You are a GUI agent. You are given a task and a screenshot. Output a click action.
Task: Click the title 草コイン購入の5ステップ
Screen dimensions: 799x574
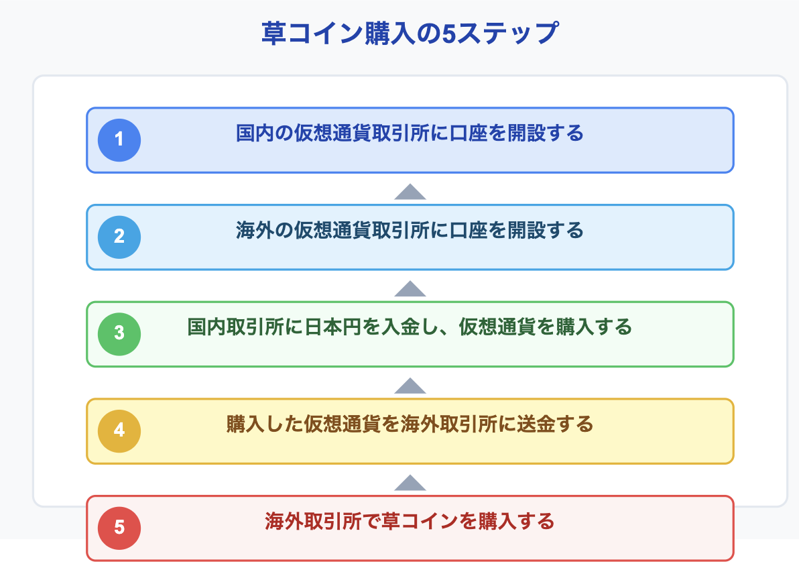click(410, 33)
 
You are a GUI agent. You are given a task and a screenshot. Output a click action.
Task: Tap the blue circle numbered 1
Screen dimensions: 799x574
click(119, 140)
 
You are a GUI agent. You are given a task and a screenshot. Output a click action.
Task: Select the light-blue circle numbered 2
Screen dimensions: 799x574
click(119, 237)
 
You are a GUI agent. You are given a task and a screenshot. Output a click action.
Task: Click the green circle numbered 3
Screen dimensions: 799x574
click(119, 334)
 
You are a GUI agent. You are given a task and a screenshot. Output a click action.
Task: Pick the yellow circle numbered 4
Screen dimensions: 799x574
click(119, 431)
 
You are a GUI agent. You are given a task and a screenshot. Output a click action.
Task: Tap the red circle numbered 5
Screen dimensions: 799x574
click(119, 528)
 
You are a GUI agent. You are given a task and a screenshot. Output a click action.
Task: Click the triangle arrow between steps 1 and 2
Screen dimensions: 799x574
click(410, 192)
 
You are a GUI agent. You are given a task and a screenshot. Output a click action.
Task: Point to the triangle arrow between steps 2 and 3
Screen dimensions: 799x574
click(410, 288)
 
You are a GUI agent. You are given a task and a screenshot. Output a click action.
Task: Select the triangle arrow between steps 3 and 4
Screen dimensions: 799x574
click(410, 386)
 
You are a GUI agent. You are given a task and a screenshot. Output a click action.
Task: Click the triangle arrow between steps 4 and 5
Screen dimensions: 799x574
click(410, 483)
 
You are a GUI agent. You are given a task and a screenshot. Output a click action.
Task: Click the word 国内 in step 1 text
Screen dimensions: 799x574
click(255, 133)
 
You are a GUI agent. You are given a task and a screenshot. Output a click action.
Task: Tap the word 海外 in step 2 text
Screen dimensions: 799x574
click(255, 231)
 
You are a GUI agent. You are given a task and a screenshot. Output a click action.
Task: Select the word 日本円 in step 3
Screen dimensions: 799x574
click(332, 327)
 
